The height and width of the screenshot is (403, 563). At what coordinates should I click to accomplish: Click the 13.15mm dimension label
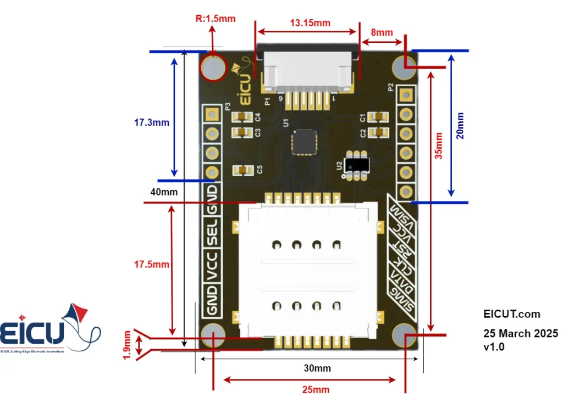point(310,23)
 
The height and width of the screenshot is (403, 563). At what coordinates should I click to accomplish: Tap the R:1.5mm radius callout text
point(216,19)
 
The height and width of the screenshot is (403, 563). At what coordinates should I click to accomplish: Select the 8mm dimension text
point(382,32)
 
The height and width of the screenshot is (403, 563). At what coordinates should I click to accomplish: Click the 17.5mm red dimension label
point(152,265)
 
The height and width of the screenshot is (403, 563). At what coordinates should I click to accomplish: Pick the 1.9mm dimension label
point(128,345)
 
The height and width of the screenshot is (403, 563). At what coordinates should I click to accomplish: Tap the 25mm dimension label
point(316,389)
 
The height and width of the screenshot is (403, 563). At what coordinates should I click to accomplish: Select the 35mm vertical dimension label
point(438,145)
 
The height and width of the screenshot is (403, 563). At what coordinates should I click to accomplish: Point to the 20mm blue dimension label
point(460,126)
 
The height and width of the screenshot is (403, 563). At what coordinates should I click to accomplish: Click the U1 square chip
point(304,141)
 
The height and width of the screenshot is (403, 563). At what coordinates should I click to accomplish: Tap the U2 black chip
point(355,165)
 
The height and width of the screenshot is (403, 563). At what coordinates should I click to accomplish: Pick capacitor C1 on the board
point(378,117)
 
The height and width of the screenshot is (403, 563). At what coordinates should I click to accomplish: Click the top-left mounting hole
point(213,68)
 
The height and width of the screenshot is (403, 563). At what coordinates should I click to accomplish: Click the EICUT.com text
point(511,314)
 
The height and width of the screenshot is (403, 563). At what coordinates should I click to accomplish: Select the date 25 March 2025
point(520,333)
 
